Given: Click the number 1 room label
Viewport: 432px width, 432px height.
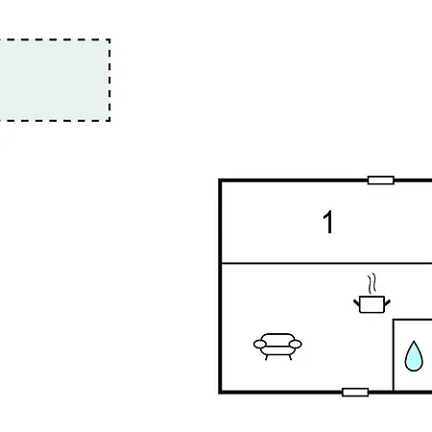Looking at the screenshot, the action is [x=328, y=222].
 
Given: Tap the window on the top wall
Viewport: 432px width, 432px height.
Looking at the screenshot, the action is [x=381, y=180].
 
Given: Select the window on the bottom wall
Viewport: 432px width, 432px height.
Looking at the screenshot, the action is [x=355, y=392].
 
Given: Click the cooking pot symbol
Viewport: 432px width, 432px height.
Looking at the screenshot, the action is [x=372, y=304].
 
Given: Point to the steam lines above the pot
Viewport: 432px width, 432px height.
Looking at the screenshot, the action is [x=372, y=283].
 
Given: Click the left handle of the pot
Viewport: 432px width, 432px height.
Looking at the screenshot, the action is [x=357, y=303].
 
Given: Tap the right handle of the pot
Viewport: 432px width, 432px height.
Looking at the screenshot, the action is [x=387, y=303].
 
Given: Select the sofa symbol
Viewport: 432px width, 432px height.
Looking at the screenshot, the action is [x=277, y=347].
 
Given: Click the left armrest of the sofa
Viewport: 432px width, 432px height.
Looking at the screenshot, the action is [x=260, y=344].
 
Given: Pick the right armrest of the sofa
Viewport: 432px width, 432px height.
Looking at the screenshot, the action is [x=296, y=344].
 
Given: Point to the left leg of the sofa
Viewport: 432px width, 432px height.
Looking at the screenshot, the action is [x=266, y=357].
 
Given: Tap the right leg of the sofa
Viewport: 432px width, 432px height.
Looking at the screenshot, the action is [x=290, y=357].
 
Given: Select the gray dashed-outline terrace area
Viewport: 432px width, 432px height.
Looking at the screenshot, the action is [x=55, y=81].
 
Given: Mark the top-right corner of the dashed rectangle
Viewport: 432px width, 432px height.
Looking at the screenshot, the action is [x=109, y=40].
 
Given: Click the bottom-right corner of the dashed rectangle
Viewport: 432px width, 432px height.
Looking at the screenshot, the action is [x=109, y=121].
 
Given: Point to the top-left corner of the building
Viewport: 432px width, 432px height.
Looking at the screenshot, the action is [x=220, y=180].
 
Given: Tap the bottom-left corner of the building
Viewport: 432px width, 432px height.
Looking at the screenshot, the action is [x=220, y=392].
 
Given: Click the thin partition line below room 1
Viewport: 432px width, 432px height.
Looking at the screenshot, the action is [x=326, y=263].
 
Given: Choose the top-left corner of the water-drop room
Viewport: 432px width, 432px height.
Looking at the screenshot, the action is [x=394, y=320].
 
